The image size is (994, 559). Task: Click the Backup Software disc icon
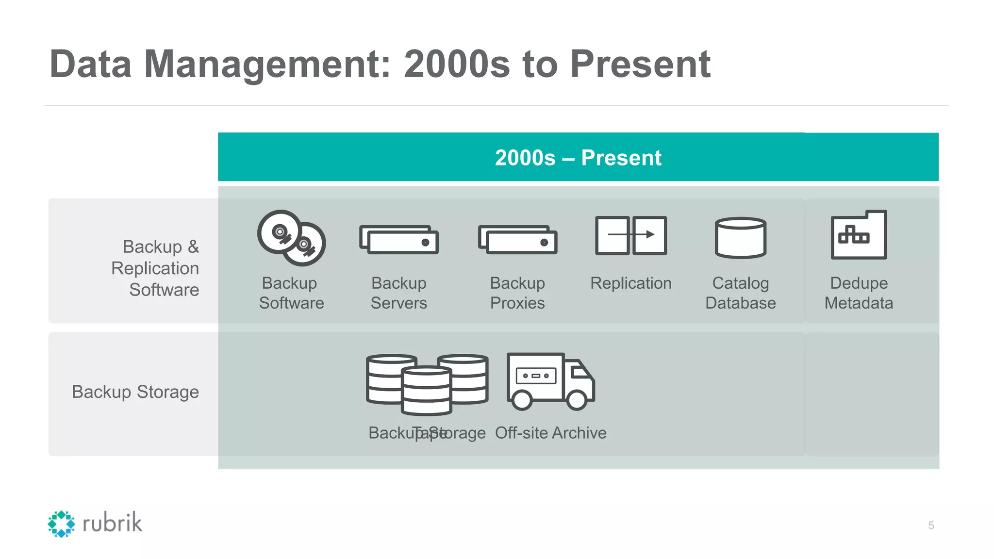click(291, 238)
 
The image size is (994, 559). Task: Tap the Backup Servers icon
click(399, 239)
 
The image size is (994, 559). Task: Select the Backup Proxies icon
click(517, 239)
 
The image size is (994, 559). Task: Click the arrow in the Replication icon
click(631, 234)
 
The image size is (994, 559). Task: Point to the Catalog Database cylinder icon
click(740, 237)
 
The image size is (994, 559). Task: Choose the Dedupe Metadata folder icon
click(859, 235)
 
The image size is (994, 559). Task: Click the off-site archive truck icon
click(550, 381)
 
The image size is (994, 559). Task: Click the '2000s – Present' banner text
click(578, 158)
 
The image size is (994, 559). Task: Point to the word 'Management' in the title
click(267, 64)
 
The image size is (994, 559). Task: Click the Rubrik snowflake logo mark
click(61, 524)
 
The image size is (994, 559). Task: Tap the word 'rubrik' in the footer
click(112, 523)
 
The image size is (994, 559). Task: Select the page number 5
click(931, 526)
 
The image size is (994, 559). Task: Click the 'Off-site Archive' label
click(550, 433)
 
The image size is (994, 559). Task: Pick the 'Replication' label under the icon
click(631, 283)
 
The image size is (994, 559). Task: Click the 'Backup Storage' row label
click(135, 392)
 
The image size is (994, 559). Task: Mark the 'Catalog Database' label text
click(740, 293)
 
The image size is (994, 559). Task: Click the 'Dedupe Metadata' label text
click(859, 293)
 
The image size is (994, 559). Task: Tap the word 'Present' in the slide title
click(640, 64)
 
